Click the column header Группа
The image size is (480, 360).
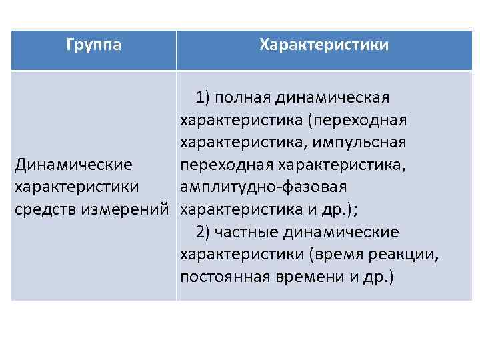(x=94, y=45)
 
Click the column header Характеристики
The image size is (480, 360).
(x=324, y=45)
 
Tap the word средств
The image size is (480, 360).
(x=45, y=209)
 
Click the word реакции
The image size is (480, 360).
(x=409, y=254)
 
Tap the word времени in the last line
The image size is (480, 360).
(x=306, y=276)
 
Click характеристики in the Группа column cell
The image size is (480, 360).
(x=77, y=187)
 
